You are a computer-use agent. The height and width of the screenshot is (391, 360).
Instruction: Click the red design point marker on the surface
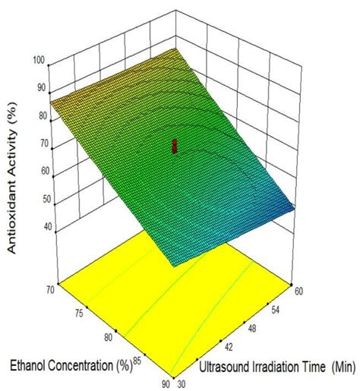click(175, 146)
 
